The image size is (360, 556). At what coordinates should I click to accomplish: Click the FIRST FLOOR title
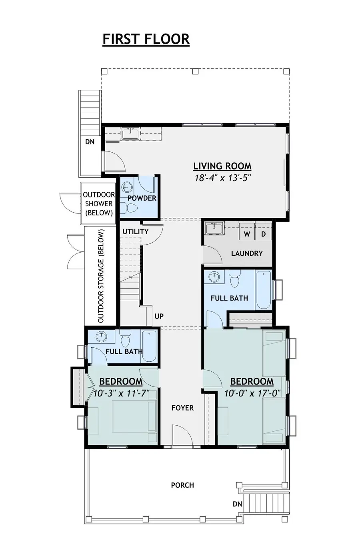coord(146,39)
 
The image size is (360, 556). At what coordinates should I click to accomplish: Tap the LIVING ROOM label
coord(222,166)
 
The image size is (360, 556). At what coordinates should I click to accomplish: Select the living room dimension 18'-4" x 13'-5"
coord(222,178)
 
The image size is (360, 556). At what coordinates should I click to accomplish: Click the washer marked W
coord(247,233)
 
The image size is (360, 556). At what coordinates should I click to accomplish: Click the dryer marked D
coord(264,233)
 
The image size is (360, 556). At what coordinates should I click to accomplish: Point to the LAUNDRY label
coord(247,253)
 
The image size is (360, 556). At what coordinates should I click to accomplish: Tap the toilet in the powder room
coord(130,207)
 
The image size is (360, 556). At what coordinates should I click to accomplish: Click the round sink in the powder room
coord(127,187)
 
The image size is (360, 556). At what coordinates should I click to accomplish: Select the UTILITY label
coord(136,231)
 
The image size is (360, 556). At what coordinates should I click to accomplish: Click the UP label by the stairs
coord(159,316)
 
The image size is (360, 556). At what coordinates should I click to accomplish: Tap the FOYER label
coord(182,408)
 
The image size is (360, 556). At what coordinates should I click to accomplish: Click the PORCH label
coord(182,485)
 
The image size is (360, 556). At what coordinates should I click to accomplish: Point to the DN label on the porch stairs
coord(238,504)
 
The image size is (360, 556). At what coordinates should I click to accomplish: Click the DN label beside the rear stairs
coord(90,141)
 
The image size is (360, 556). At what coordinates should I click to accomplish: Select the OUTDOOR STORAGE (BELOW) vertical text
coord(100,276)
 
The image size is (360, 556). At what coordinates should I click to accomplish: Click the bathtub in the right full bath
coord(264,290)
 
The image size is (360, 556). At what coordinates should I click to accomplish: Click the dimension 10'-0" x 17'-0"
coord(252,393)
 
